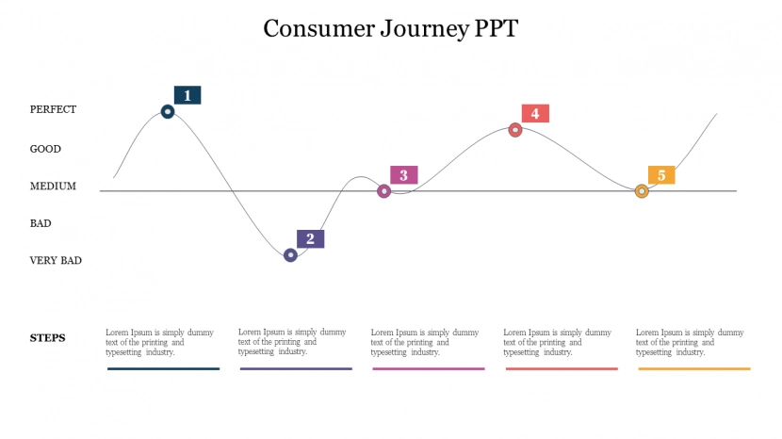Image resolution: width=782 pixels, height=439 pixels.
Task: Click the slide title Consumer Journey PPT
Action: [390, 28]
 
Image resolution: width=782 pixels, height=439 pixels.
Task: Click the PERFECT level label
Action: [53, 109]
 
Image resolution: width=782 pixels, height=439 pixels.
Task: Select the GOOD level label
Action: [45, 149]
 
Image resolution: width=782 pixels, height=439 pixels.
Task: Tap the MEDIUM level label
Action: [53, 187]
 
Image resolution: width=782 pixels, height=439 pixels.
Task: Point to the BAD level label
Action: [41, 223]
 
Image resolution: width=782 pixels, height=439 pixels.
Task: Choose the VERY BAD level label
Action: [56, 261]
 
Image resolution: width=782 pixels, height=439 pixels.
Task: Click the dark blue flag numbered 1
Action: [187, 95]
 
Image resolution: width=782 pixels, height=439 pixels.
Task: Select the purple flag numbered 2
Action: [310, 238]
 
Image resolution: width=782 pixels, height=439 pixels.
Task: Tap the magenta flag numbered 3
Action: [404, 175]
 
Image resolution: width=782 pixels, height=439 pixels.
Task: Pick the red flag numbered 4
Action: [535, 113]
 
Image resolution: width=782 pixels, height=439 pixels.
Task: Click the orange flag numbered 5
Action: [661, 175]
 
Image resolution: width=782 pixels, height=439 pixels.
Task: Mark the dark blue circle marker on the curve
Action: [168, 111]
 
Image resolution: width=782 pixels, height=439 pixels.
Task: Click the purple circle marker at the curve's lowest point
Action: [290, 254]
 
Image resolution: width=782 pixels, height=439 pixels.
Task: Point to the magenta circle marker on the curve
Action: [383, 191]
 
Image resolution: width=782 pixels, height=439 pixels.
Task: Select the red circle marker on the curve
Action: [515, 130]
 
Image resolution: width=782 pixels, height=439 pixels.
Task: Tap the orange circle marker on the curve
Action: [642, 191]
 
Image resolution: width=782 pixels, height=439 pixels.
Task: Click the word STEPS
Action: [48, 338]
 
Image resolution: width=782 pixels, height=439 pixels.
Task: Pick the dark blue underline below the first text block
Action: [163, 368]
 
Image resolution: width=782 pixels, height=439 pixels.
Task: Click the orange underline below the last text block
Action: [694, 368]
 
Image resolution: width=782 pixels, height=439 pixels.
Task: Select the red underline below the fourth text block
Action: [562, 368]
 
